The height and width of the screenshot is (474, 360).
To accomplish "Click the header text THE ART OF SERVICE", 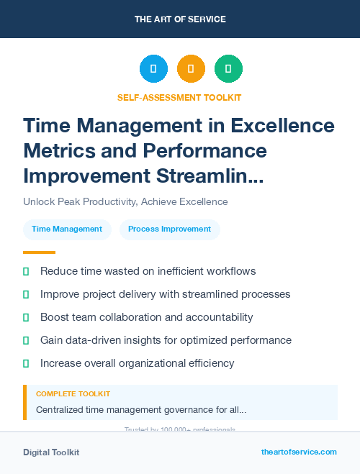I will [180, 19].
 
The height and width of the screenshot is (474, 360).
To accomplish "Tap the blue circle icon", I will [153, 69].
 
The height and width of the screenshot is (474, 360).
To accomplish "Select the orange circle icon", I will [191, 69].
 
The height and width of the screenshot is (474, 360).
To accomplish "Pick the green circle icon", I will [228, 69].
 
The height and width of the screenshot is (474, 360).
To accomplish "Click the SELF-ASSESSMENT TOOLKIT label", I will [180, 97].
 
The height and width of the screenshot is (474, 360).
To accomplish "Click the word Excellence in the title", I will [282, 126].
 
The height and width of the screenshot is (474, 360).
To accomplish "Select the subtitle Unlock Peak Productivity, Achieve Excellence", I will [125, 202].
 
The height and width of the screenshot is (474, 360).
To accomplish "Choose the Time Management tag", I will [67, 229].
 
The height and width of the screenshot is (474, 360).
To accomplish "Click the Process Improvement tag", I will [169, 229].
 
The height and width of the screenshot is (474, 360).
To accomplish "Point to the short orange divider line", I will [39, 252].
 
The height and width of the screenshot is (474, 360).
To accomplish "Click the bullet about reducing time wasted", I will [148, 271].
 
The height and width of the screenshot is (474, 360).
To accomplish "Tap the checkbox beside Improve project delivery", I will [26, 294].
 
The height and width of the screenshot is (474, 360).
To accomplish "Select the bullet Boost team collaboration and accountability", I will [146, 317].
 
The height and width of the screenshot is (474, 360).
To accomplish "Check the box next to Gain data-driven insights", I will [26, 340].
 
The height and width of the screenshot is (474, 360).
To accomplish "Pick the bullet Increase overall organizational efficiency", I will [138, 363].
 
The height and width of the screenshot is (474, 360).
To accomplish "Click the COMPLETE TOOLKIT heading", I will [73, 394].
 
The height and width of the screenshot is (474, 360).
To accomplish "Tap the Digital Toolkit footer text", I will [51, 452].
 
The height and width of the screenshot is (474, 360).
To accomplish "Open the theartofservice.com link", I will [299, 452].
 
